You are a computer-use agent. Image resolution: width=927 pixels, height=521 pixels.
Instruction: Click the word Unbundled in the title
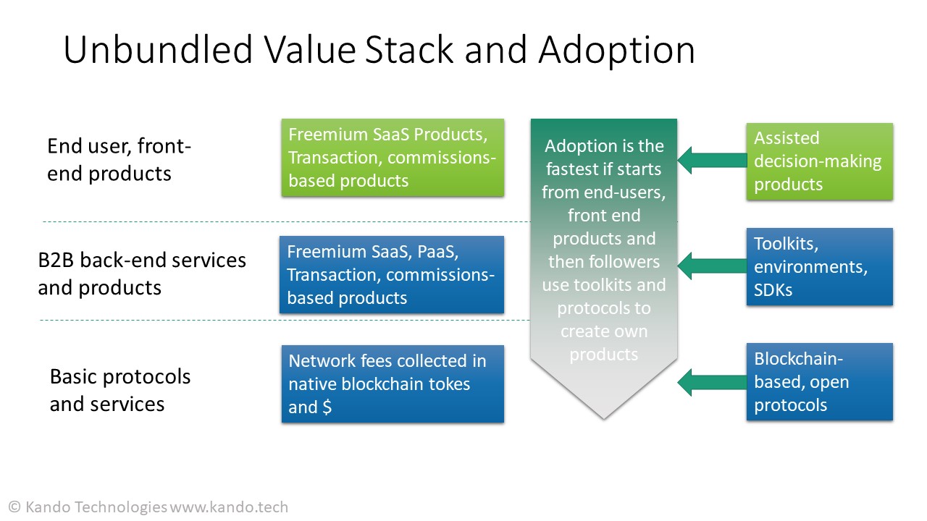[158, 50]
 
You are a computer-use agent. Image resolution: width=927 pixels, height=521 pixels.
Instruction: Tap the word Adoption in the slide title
[616, 50]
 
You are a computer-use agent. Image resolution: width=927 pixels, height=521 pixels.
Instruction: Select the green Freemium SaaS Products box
[393, 158]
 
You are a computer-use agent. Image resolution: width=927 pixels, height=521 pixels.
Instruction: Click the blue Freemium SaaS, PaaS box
[392, 275]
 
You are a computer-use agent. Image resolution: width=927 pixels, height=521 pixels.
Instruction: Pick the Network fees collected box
[393, 384]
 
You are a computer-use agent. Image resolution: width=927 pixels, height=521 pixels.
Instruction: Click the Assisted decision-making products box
[819, 161]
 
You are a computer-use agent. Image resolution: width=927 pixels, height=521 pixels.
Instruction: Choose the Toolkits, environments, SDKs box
[819, 266]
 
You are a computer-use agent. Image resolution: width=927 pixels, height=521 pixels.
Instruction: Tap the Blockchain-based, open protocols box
[819, 381]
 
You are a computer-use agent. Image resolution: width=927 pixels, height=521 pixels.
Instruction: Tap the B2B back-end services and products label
[142, 274]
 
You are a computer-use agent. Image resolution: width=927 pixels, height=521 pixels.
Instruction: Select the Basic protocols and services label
[120, 389]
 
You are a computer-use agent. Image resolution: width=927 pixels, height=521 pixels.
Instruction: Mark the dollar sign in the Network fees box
[327, 407]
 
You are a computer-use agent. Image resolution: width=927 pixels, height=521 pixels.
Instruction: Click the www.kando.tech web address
[229, 507]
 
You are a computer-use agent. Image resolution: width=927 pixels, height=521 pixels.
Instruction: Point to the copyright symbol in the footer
[14, 507]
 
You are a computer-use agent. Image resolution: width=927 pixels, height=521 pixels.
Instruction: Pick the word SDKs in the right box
[773, 290]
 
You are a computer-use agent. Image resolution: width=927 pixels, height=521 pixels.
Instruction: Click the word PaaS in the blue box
[434, 252]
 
